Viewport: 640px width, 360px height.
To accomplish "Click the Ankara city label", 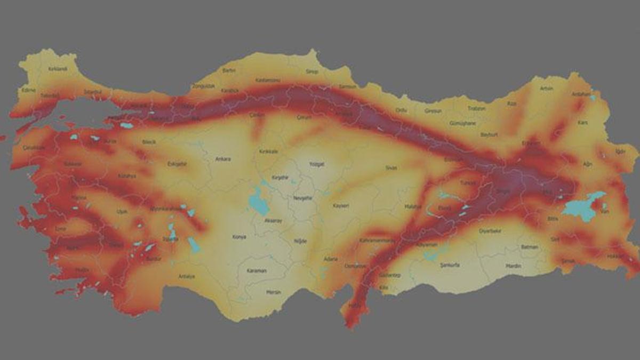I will pos(223,159).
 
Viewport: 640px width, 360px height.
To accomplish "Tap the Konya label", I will pos(239,237).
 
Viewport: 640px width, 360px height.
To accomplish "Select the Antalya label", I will pos(187,276).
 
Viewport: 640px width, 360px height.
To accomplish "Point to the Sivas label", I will pos(391,167).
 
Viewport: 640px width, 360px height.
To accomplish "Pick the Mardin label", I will pos(513,266).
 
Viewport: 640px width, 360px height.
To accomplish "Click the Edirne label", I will pos(28,90).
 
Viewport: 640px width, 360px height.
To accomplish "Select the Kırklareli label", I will pos(58,69).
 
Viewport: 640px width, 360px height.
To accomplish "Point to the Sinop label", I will pos(311,71).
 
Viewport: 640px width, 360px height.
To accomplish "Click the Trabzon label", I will pos(476,108).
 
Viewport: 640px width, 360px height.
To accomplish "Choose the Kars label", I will pos(583,123).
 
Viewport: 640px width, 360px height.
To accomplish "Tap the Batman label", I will pos(530,247).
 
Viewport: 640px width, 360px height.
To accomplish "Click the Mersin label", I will pos(273,292).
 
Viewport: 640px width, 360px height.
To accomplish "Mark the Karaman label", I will pos(256,271).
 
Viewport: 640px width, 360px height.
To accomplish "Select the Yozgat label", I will pos(317,164).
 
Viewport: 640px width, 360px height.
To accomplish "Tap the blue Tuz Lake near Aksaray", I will pos(258,202).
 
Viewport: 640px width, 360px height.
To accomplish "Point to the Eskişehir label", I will pos(177,164).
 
